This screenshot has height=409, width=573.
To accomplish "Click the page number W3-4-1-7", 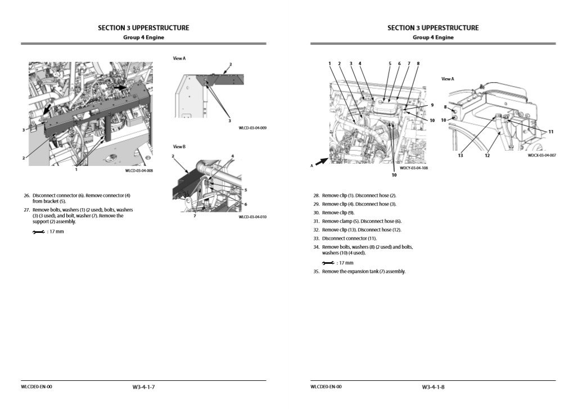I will pyautogui.click(x=143, y=387).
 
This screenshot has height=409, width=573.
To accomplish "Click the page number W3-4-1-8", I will pyautogui.click(x=433, y=387).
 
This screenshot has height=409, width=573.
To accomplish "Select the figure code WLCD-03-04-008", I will pyautogui.click(x=138, y=170).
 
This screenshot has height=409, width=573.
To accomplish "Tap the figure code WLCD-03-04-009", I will pyautogui.click(x=252, y=128).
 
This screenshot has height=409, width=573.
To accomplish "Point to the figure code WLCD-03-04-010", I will pyautogui.click(x=252, y=217).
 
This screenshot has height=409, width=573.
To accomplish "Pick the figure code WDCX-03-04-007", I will pyautogui.click(x=542, y=156).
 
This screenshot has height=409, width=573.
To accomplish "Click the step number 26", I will pyautogui.click(x=26, y=196).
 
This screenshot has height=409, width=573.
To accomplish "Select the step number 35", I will pyautogui.click(x=316, y=272).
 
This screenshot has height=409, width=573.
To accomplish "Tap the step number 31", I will pyautogui.click(x=316, y=221).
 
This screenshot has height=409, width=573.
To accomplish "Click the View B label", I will pyautogui.click(x=179, y=146).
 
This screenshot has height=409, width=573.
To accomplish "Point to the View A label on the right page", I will pyautogui.click(x=448, y=79).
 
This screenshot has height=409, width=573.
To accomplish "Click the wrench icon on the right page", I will pyautogui.click(x=328, y=263).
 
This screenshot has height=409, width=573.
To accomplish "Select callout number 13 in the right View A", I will pyautogui.click(x=460, y=156).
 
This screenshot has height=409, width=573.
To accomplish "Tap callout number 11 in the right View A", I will pyautogui.click(x=551, y=132).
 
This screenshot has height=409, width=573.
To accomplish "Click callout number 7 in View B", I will pyautogui.click(x=195, y=215).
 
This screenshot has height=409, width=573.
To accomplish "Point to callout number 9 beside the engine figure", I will pyautogui.click(x=432, y=105).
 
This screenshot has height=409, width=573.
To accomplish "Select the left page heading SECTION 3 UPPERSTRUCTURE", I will pyautogui.click(x=143, y=28).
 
